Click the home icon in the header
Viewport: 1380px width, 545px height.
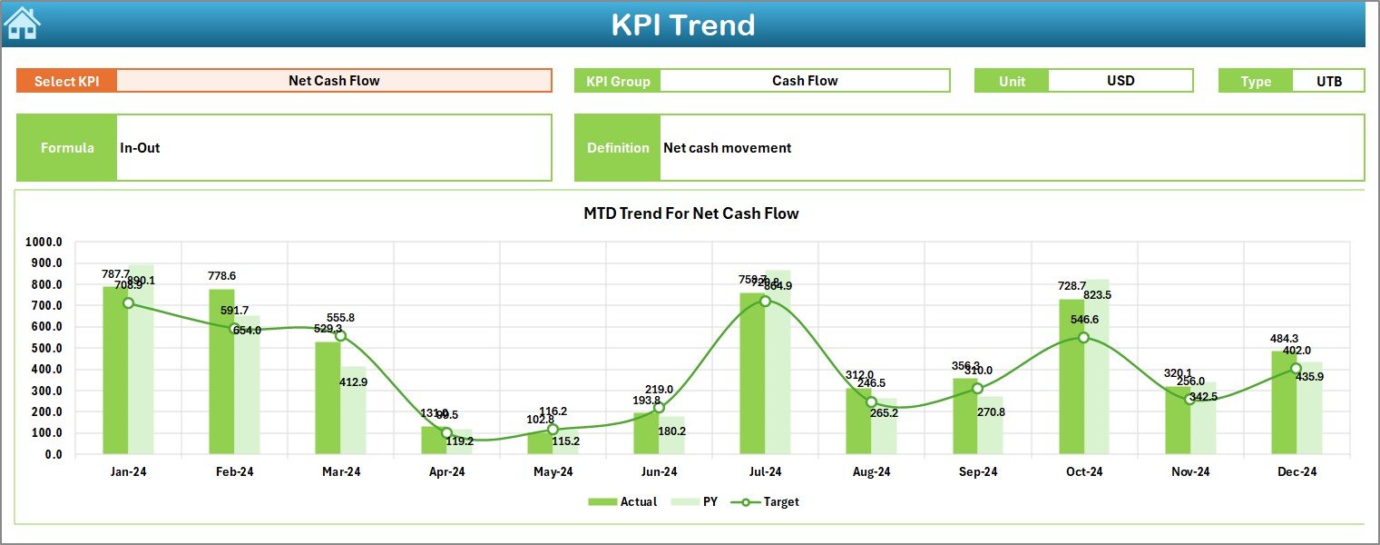click(x=22, y=24)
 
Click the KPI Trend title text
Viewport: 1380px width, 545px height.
click(x=682, y=25)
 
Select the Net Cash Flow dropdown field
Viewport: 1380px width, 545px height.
click(x=334, y=81)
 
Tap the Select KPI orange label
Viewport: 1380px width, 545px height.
click(x=66, y=81)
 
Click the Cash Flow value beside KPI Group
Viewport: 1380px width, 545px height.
click(x=805, y=81)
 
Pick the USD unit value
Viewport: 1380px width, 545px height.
click(x=1121, y=81)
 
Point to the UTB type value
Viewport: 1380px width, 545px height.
click(x=1329, y=81)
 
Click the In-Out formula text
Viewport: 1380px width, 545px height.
click(x=140, y=147)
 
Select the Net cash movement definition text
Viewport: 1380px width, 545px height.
click(x=727, y=147)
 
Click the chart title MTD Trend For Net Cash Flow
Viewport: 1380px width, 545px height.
click(x=690, y=213)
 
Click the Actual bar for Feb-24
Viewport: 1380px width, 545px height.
click(x=221, y=372)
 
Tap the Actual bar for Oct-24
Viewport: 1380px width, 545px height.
click(x=1071, y=377)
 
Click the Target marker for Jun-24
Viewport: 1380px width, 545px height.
click(x=660, y=408)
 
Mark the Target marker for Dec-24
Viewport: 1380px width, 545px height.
click(x=1296, y=369)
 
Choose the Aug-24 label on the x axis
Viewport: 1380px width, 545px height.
click(x=871, y=471)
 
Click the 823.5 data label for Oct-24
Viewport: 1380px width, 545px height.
click(x=1097, y=295)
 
